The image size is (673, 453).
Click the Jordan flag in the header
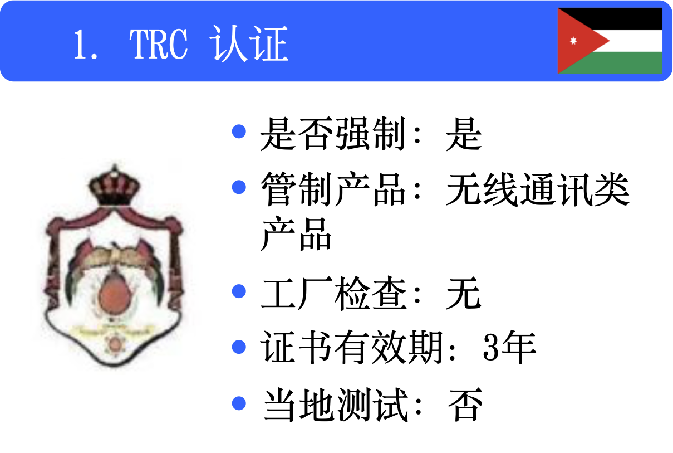(x=610, y=41)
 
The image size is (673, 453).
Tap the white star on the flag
(x=573, y=41)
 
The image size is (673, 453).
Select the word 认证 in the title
(x=250, y=44)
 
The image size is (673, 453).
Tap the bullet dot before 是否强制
(x=239, y=132)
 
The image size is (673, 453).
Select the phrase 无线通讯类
(x=538, y=191)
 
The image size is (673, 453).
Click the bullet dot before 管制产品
(x=239, y=187)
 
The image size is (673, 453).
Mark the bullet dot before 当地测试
(x=239, y=402)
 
